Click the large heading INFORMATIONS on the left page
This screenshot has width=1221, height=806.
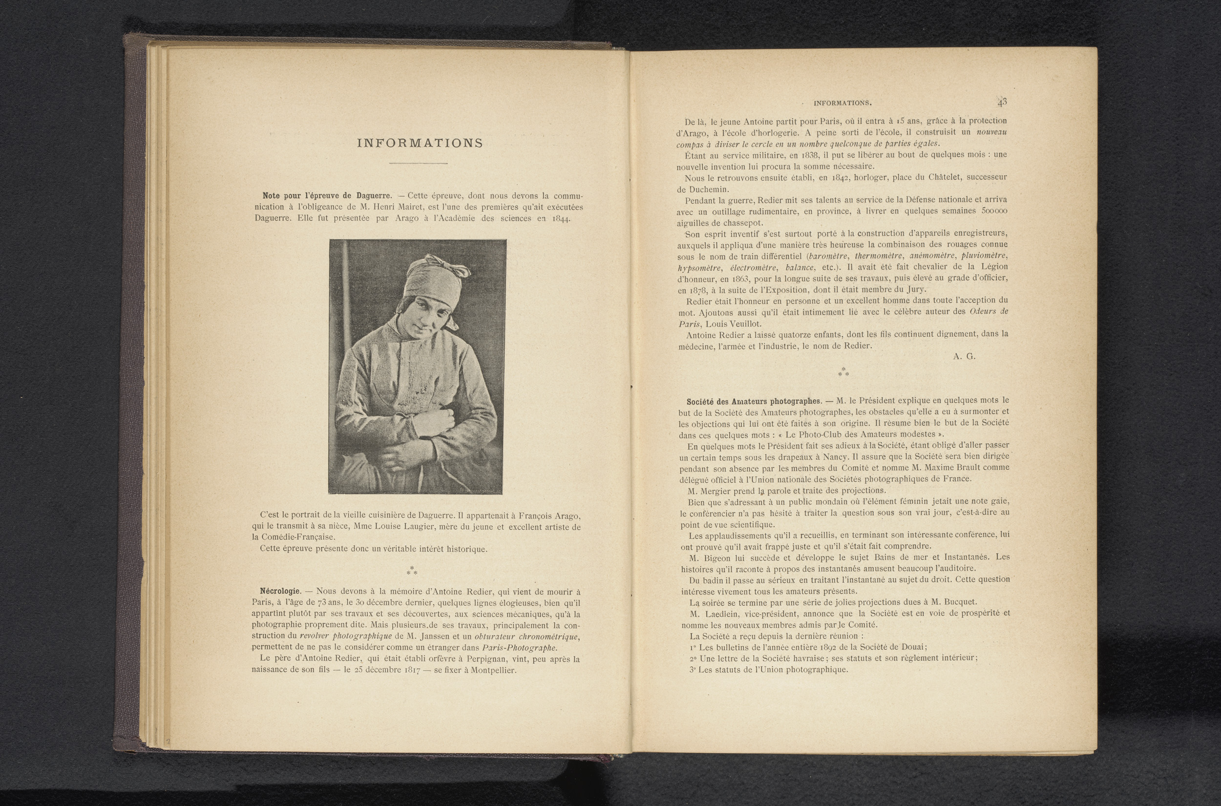click(x=420, y=144)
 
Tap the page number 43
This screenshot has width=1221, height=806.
click(x=1002, y=102)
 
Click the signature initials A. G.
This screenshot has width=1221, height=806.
click(x=964, y=356)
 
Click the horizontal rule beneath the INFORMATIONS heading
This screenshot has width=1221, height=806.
click(x=418, y=164)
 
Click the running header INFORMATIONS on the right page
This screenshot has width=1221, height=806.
click(x=842, y=103)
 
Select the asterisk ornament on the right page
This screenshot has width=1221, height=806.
click(x=843, y=372)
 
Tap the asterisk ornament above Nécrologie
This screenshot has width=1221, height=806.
click(x=412, y=571)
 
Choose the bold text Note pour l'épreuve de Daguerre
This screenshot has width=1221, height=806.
click(x=327, y=196)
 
